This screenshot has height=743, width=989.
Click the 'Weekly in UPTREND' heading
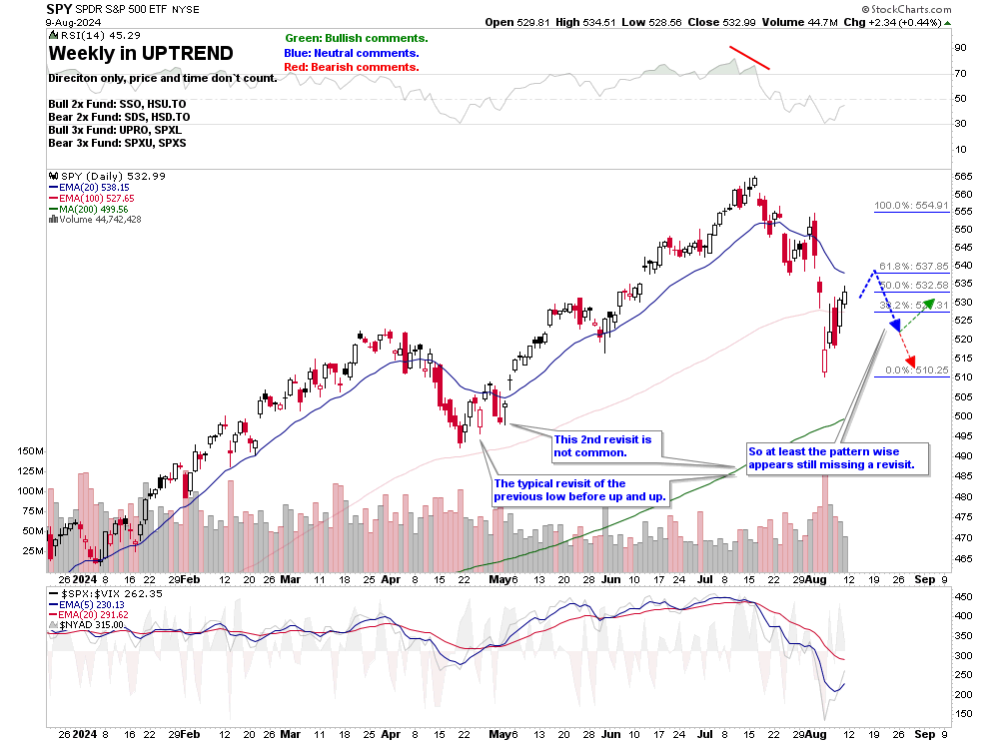coord(141,53)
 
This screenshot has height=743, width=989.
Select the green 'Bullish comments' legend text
coord(356,38)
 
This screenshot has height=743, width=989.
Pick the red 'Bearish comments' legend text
coord(351,67)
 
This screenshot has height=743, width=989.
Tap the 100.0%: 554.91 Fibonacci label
coord(910,206)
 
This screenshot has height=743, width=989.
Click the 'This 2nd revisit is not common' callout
coord(602,445)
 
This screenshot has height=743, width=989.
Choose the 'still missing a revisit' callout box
coord(837,457)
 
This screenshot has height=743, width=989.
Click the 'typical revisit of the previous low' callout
coord(579,490)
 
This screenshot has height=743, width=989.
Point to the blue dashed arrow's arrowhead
coord(895,326)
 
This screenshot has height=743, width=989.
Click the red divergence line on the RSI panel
coord(749,57)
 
